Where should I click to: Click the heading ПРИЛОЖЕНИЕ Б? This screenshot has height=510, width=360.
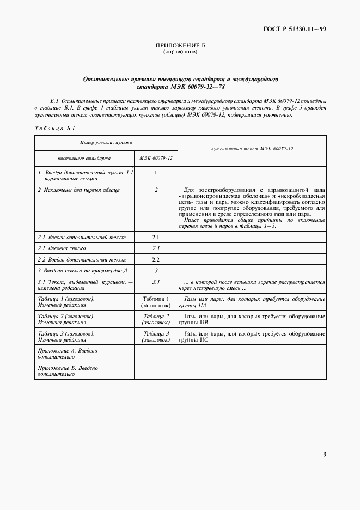click(x=180, y=45)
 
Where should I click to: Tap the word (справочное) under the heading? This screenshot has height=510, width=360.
click(x=180, y=52)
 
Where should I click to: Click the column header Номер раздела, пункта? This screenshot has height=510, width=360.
click(x=106, y=142)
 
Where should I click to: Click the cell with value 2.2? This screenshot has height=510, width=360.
click(x=155, y=259)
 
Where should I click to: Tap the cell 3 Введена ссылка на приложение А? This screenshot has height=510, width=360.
click(x=82, y=270)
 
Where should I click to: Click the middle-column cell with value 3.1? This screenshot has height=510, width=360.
click(x=155, y=282)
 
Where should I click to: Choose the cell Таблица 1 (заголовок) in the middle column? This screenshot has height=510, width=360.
click(x=156, y=302)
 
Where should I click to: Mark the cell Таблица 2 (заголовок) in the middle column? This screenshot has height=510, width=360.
click(x=156, y=319)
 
